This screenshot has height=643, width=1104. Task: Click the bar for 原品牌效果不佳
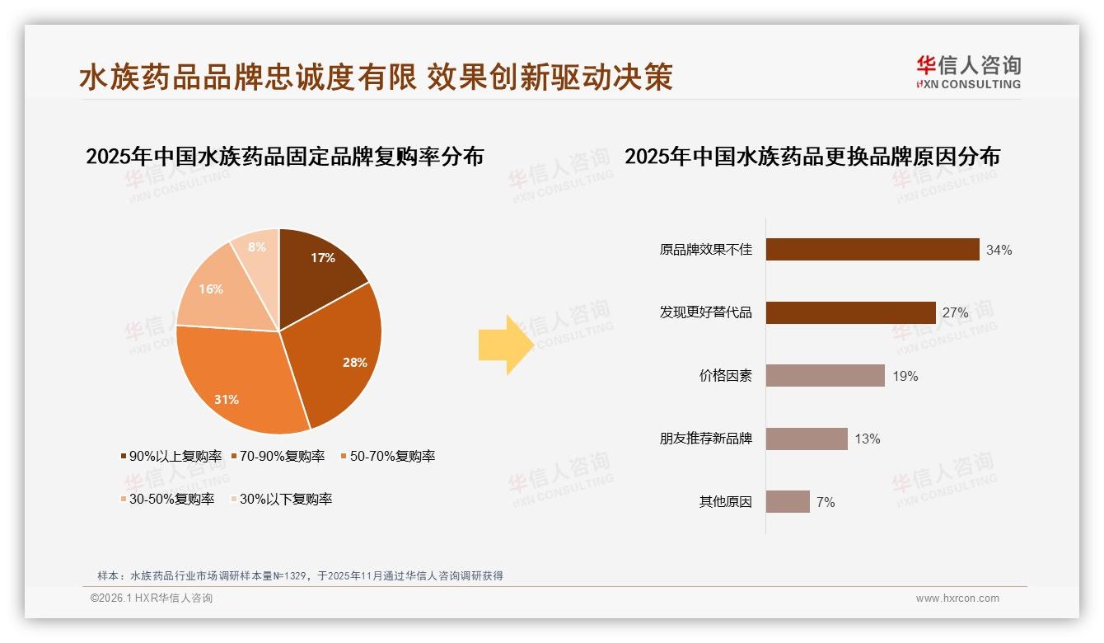click(872, 250)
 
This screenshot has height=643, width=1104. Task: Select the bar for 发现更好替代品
click(850, 313)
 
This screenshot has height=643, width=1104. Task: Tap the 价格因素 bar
click(825, 376)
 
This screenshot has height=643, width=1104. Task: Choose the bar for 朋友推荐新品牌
click(807, 439)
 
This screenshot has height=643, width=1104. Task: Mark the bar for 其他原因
click(788, 501)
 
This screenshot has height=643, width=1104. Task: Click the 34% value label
click(999, 251)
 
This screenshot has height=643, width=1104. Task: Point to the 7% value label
click(826, 502)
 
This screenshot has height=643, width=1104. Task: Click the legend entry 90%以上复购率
click(171, 457)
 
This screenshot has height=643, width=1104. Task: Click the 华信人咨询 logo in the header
click(968, 73)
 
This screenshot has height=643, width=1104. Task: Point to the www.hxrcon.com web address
click(957, 598)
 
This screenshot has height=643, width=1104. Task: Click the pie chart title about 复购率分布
click(284, 157)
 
